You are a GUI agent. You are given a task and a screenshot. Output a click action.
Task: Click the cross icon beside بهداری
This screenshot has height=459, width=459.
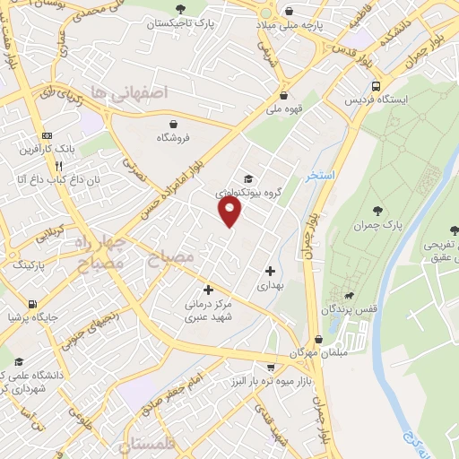click(x=270, y=271)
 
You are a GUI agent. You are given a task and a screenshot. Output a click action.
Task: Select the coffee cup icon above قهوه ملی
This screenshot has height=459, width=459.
click(x=283, y=95)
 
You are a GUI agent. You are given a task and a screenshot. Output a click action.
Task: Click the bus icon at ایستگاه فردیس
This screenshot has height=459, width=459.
click(x=374, y=85)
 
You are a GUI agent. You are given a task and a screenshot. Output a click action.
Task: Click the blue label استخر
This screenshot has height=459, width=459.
click(x=318, y=176)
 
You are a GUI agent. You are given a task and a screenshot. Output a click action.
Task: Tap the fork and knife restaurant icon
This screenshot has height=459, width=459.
click(x=58, y=166)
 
